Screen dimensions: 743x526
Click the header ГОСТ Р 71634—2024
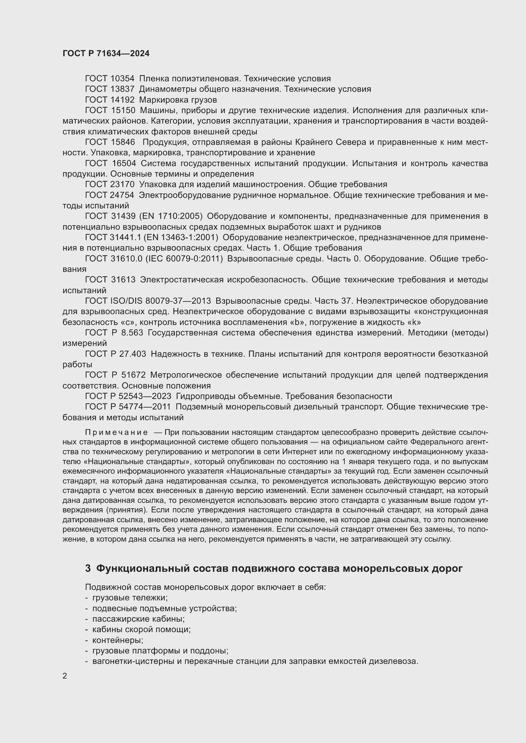tap(106, 53)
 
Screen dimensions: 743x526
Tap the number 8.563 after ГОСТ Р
tap(132, 333)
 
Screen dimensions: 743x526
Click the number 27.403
tap(133, 354)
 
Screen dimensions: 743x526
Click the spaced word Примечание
tap(116, 433)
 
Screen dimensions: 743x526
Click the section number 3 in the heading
tap(88, 568)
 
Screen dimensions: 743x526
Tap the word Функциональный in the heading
tap(139, 568)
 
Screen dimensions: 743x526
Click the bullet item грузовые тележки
tap(130, 598)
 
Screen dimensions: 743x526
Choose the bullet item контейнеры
tap(118, 640)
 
